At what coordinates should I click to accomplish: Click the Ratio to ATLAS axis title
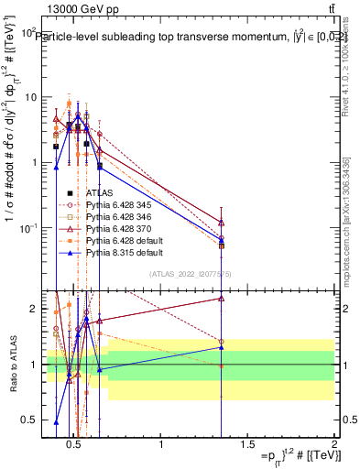coord(12,365)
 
